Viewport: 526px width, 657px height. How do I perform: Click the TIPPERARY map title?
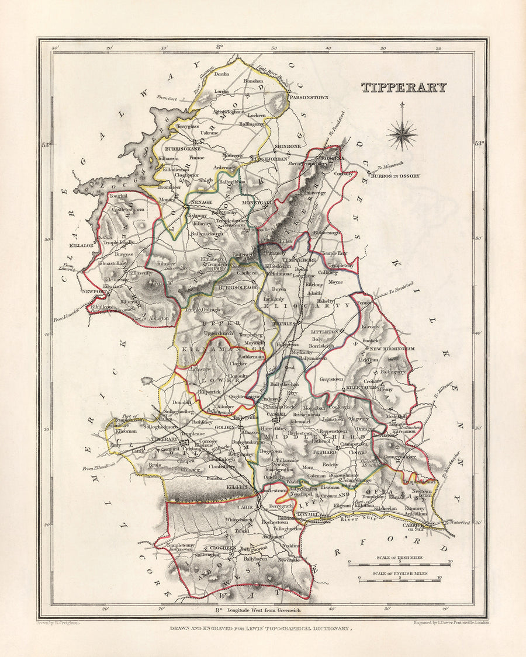[x=403, y=88]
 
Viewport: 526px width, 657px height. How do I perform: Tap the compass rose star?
[x=402, y=134]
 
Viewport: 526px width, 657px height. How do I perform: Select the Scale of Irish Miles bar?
[x=399, y=563]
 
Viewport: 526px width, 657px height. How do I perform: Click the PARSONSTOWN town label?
[x=319, y=98]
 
